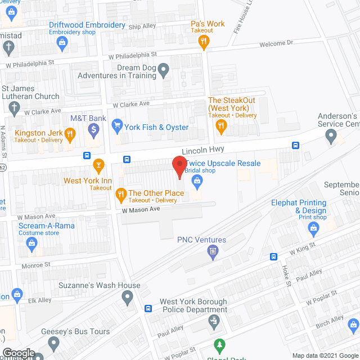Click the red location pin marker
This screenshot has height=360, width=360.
179,166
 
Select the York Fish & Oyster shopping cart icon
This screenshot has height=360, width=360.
117,124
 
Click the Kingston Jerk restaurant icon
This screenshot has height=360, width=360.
70,133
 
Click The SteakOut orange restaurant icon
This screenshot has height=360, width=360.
221,127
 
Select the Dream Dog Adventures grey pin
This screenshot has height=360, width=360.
164,70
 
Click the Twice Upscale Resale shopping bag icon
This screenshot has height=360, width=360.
197,181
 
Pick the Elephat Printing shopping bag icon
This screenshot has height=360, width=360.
314,228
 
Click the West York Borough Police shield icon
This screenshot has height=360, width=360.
213,322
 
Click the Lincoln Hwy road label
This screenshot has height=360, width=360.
202,150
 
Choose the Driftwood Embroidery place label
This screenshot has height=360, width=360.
87,25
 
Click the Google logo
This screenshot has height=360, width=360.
18,353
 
